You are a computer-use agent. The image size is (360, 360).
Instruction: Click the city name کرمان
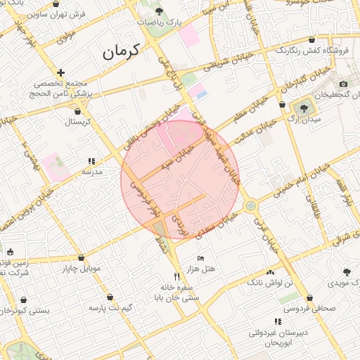(x=121, y=51)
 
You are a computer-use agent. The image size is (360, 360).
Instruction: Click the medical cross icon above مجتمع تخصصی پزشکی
(x=61, y=72)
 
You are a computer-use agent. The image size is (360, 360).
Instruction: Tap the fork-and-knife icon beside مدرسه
(x=91, y=161)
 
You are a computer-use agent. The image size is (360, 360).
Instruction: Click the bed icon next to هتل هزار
(x=200, y=258)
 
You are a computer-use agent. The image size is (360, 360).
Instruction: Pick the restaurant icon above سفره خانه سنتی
(x=177, y=276)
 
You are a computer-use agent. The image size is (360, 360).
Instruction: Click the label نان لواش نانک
(x=269, y=282)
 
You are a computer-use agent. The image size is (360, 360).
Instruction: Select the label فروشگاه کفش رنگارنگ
(x=309, y=51)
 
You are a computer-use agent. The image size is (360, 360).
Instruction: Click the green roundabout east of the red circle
(x=251, y=206)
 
